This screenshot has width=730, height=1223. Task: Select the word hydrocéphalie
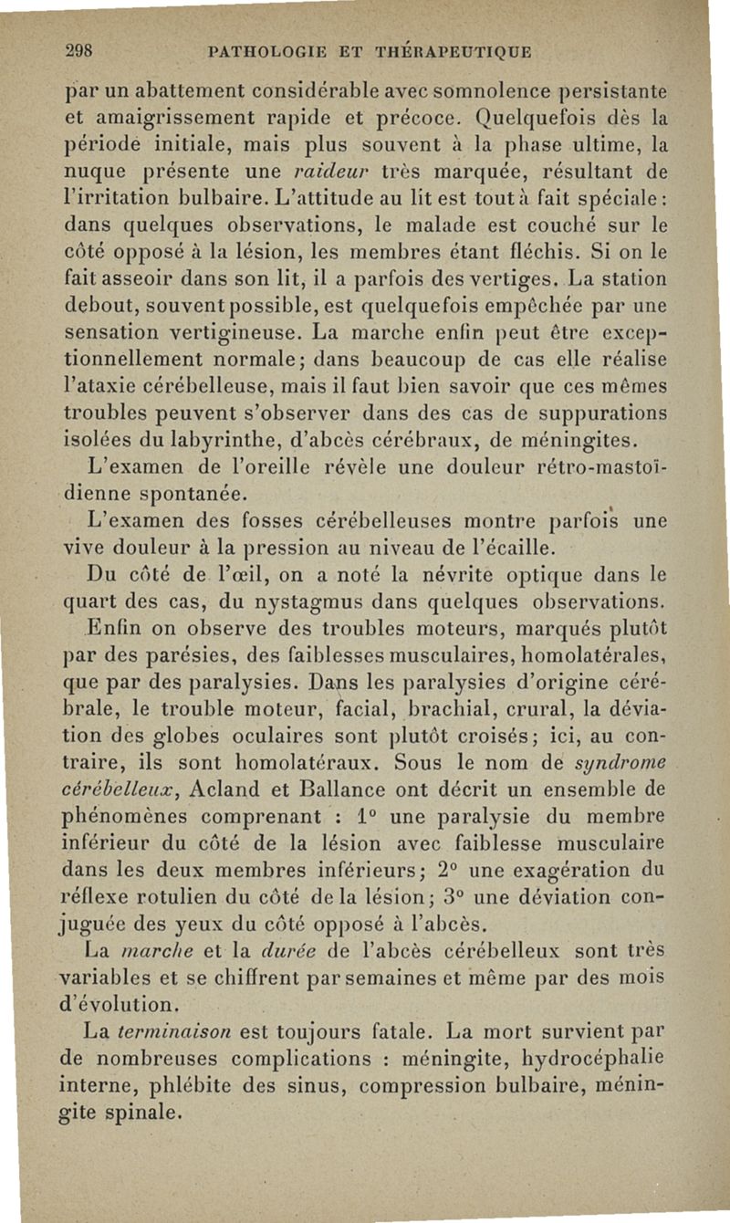[x=584, y=1060]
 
